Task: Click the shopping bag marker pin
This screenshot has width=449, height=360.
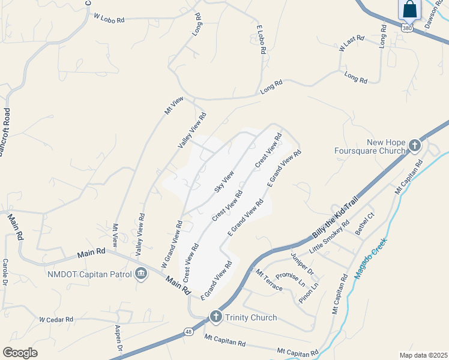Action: tap(410, 10)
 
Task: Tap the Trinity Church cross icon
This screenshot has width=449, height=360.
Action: tap(216, 317)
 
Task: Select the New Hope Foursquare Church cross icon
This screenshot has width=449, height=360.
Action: tap(414, 146)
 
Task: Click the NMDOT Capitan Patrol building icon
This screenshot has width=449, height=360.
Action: tap(141, 274)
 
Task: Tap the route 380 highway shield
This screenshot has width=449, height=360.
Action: tap(408, 28)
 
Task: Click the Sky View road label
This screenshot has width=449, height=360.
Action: tap(224, 181)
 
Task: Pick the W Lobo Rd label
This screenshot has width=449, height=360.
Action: tap(109, 19)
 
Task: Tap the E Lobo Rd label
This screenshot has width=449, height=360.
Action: tap(261, 40)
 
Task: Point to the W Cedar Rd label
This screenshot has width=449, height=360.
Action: tap(56, 319)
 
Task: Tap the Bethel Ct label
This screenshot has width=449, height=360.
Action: tap(364, 223)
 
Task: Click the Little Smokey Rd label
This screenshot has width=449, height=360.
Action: tap(330, 238)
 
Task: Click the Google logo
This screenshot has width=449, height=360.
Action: tap(20, 352)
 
